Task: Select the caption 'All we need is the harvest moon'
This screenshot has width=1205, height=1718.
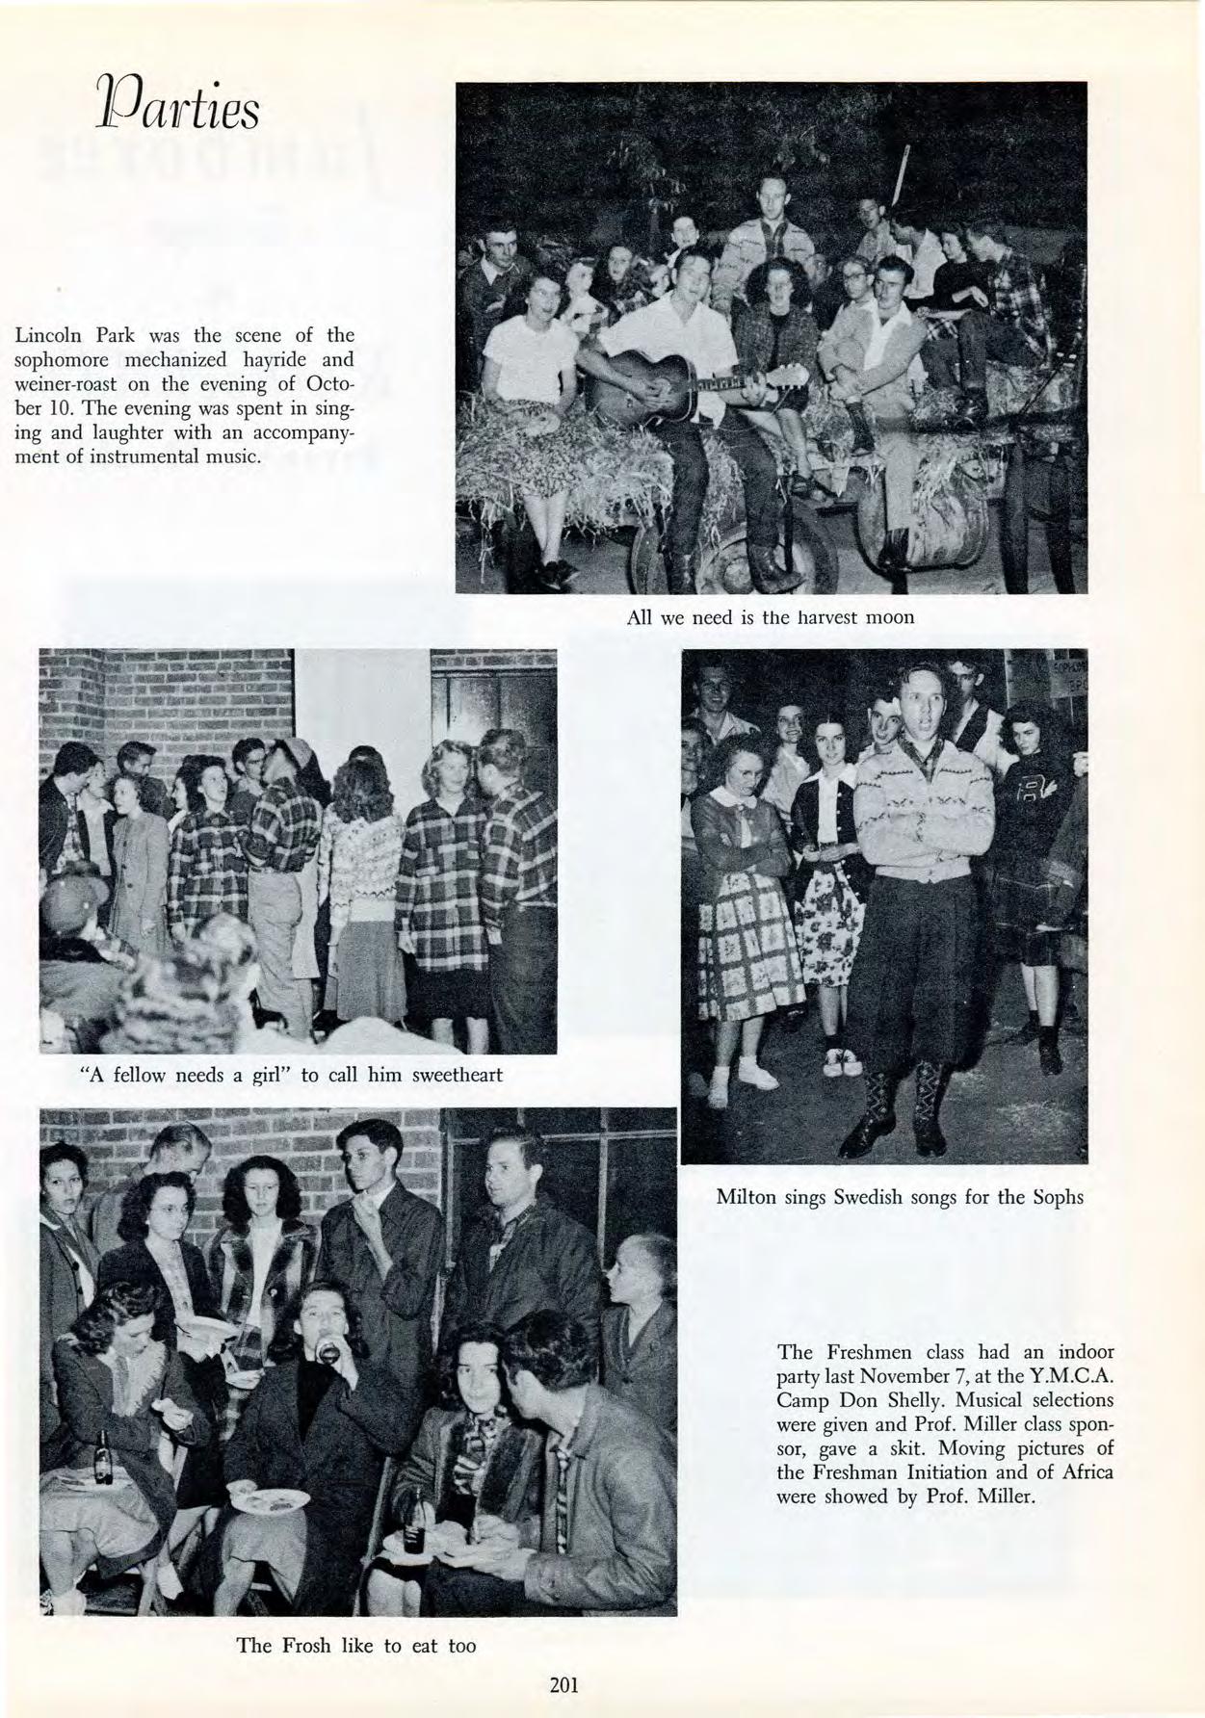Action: [770, 617]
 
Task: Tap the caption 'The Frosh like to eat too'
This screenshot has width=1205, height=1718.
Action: [356, 1645]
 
